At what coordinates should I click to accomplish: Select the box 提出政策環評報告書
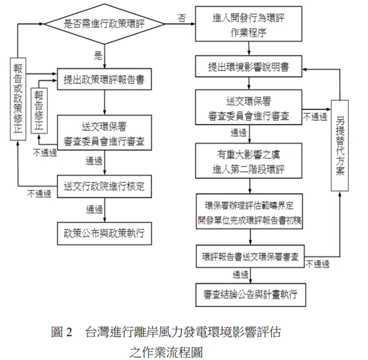(x=104, y=79)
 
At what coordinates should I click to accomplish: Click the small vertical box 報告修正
(x=39, y=110)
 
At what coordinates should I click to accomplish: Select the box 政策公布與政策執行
(x=104, y=233)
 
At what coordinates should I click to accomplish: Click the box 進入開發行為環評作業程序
(x=249, y=23)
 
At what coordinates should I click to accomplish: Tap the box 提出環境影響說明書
(x=249, y=67)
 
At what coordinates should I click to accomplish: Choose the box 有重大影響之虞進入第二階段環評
(x=249, y=162)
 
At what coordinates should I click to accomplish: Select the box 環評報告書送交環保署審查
(x=250, y=257)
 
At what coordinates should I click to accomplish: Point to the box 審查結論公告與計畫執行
(x=250, y=294)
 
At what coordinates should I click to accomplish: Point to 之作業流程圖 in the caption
(x=166, y=352)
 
